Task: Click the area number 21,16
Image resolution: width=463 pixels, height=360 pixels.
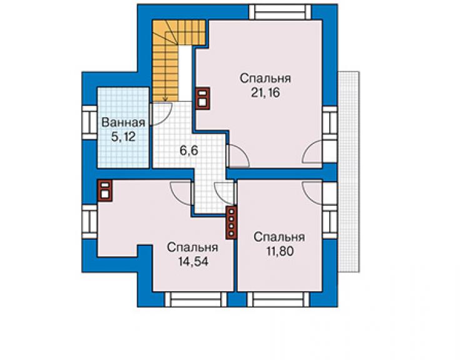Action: pos(265,93)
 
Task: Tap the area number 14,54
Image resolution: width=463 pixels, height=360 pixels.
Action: pos(193,261)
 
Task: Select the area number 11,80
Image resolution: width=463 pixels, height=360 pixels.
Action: pos(280,251)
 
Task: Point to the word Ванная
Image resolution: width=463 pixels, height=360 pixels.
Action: pos(123,122)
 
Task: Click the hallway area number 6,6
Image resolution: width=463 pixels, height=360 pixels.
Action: pos(189,151)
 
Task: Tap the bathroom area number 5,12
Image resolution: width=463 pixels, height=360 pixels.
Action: pos(123,137)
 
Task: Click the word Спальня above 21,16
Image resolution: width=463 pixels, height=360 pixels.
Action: pos(265,78)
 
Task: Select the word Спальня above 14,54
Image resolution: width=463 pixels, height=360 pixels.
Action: pos(193,247)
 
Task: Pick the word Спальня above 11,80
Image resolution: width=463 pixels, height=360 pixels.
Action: pos(279,237)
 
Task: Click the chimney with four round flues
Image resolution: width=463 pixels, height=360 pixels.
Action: pos(232,222)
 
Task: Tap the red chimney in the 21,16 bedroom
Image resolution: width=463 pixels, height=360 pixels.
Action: pos(202,98)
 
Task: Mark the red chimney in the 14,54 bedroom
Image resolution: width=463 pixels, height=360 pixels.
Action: pos(104,190)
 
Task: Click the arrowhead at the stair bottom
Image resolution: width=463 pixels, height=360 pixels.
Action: pos(165,99)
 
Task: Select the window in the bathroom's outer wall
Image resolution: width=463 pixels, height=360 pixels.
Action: pos(89,123)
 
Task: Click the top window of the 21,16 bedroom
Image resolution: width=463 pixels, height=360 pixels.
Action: pos(280,12)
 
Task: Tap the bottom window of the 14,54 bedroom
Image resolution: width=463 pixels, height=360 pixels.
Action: pos(196,299)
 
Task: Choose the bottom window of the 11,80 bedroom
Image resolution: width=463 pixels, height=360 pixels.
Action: pos(278,299)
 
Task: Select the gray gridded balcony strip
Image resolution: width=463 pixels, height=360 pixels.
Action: pos(349,172)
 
